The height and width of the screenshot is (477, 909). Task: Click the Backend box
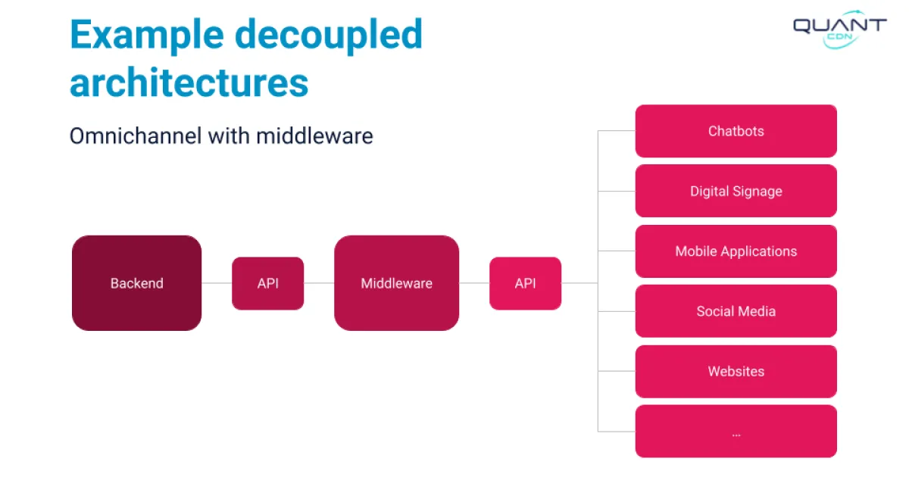(136, 283)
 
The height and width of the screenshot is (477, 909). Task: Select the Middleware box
(396, 283)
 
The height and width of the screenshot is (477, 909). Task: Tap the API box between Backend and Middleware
(267, 283)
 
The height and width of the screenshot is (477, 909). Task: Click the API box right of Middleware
(525, 283)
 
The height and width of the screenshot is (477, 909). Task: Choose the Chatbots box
(736, 131)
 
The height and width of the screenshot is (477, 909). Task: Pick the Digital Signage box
(736, 191)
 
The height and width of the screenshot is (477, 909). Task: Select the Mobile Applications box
(736, 251)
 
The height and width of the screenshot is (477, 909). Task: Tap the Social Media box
(736, 311)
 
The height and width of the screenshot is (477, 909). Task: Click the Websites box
(736, 371)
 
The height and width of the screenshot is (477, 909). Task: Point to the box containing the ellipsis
(736, 432)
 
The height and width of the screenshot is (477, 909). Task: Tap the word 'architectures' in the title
(189, 82)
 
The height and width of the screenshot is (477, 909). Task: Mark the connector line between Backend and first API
(217, 283)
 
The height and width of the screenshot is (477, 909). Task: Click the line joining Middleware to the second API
(474, 283)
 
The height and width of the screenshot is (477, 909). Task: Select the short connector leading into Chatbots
(616, 131)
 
